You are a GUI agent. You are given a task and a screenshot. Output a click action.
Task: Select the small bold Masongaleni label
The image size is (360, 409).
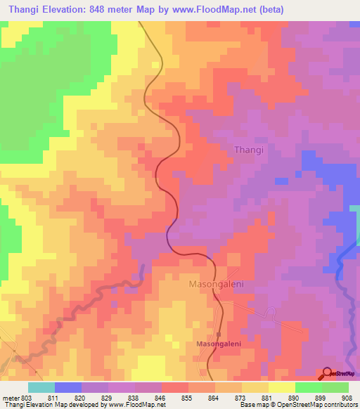(218, 344)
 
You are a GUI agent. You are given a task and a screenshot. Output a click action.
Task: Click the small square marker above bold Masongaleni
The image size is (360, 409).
(219, 334)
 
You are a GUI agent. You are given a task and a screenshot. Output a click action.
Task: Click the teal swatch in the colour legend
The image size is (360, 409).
(41, 387)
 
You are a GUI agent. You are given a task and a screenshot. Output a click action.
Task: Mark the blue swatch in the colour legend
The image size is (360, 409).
(67, 387)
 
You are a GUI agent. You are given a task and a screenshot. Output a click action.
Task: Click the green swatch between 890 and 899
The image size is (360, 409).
(308, 387)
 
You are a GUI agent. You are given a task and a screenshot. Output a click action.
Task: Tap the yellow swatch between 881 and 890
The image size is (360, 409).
(281, 387)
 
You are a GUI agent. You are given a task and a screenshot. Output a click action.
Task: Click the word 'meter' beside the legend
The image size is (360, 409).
(11, 399)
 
